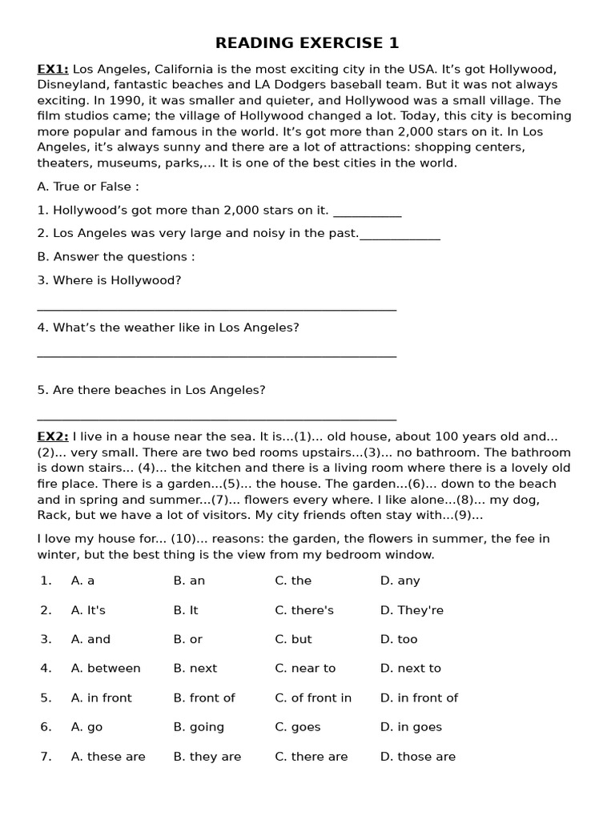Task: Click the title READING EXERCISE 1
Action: (x=307, y=43)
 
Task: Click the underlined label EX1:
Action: (x=53, y=70)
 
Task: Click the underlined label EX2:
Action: (x=53, y=437)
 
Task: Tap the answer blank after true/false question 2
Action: (x=400, y=235)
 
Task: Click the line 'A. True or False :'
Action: (x=88, y=187)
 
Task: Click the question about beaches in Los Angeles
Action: (x=151, y=391)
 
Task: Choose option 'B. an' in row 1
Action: (x=189, y=581)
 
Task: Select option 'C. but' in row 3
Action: (x=293, y=640)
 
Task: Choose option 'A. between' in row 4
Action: (x=106, y=669)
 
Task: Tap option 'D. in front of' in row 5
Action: (x=419, y=698)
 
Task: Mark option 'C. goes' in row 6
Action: (x=298, y=727)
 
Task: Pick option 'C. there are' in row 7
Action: (x=312, y=757)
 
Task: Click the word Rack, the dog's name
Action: (x=53, y=516)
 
